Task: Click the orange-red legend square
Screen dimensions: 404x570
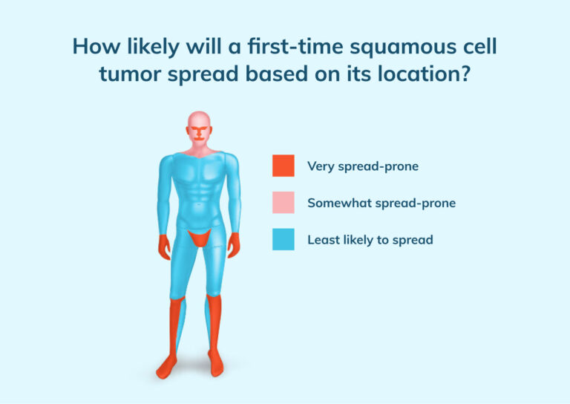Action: pos(283,166)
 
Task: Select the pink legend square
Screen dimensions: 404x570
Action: pos(283,202)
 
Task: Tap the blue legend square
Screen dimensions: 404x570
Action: pos(283,239)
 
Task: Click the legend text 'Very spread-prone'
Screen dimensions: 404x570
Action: pos(363,166)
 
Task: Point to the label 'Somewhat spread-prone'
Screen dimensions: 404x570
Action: pos(381,203)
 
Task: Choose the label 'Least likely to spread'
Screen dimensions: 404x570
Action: pos(370,240)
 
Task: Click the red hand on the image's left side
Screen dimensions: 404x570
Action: pos(164,246)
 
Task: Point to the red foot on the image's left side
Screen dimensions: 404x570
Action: pos(168,366)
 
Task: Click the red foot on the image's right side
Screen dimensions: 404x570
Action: pos(216,365)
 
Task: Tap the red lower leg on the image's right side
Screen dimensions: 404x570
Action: pos(214,323)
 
